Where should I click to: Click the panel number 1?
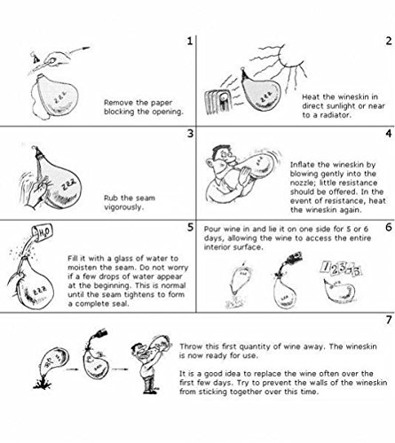[190, 41]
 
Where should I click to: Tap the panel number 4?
[389, 134]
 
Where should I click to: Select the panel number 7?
[389, 320]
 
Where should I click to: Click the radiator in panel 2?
[217, 102]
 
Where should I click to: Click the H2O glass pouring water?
[43, 232]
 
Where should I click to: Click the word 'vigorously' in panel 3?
[124, 207]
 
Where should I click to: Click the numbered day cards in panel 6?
[341, 268]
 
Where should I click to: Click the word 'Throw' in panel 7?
[190, 346]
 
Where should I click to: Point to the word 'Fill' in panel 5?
[72, 258]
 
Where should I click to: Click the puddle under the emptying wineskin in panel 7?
[43, 385]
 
